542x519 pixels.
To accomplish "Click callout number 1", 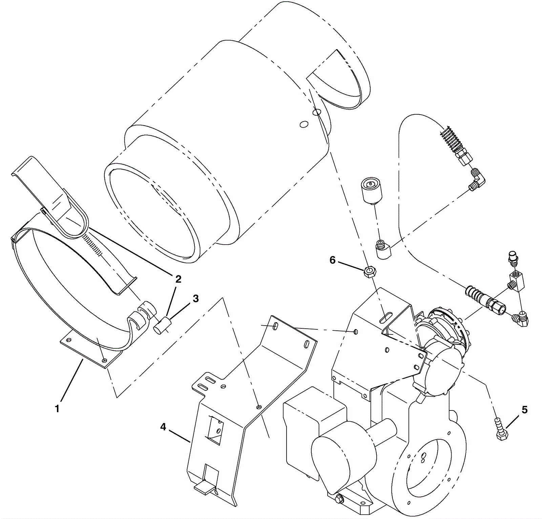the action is (57, 409).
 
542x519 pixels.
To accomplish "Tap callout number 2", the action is (178, 279).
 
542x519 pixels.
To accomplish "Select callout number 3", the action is (196, 299).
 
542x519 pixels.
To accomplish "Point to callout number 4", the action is (163, 427).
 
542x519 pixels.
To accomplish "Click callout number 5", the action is (524, 410).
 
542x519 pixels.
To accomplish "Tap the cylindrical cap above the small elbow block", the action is (371, 190).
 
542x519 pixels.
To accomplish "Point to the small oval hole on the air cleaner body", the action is (304, 125).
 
